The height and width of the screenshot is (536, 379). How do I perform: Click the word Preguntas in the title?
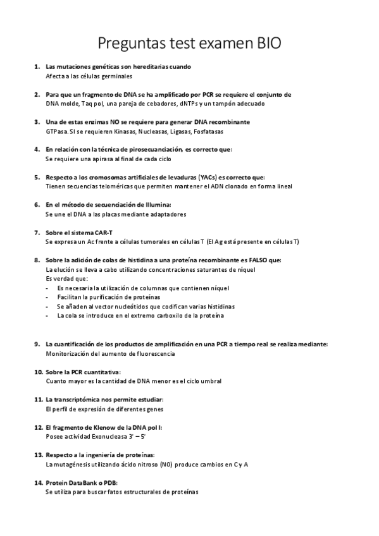(x=128, y=44)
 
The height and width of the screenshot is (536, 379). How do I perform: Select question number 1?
(x=37, y=66)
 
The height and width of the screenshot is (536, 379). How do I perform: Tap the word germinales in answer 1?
(x=115, y=76)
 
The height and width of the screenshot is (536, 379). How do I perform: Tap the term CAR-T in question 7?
(x=95, y=233)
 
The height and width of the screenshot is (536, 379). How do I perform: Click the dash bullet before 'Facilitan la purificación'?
(x=48, y=296)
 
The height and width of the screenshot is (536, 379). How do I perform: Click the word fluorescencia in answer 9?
(x=152, y=354)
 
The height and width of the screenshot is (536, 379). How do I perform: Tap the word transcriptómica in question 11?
(x=80, y=400)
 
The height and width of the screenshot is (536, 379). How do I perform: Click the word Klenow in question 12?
(x=95, y=428)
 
